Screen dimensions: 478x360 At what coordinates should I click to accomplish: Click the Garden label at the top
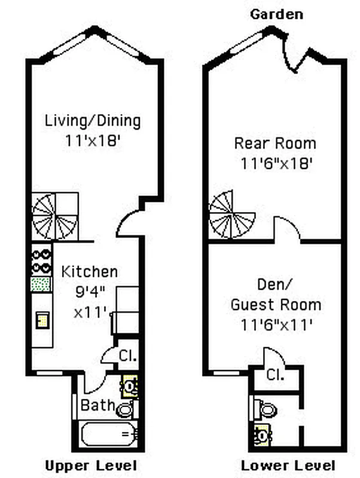276,14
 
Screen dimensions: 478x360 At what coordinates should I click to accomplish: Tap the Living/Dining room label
93,121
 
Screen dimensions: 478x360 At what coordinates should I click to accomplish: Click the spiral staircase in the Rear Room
232,215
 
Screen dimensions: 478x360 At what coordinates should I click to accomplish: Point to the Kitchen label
90,272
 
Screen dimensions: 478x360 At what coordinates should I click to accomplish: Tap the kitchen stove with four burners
41,261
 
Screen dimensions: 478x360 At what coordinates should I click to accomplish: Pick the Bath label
97,406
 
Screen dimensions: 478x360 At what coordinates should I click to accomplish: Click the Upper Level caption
91,465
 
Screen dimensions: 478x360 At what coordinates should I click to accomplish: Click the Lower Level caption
288,465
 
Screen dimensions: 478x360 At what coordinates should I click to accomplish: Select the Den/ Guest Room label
276,296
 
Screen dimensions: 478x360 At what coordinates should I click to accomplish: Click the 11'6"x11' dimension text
276,325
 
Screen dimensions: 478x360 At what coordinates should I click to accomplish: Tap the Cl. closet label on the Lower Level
275,375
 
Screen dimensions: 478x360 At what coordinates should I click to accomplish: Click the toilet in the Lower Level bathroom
265,409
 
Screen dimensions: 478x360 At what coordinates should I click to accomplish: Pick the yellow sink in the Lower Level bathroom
261,434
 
